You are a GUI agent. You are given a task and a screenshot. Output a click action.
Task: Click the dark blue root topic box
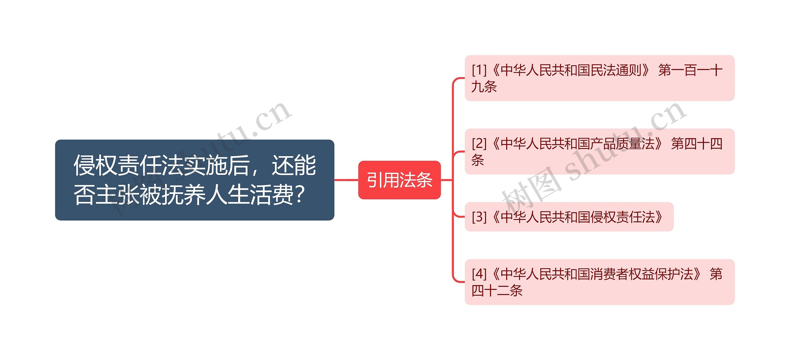pos(194,180)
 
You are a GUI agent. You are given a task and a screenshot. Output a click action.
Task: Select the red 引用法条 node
pos(399,180)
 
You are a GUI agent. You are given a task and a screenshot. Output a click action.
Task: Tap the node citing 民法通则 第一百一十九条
pos(599,78)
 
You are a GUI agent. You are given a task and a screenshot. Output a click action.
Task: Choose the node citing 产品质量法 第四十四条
pos(599,151)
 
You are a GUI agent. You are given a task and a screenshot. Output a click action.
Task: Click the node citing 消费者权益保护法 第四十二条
pos(599,282)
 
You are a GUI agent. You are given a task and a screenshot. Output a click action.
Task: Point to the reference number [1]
pos(479,70)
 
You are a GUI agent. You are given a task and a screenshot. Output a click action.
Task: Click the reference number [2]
pos(479,144)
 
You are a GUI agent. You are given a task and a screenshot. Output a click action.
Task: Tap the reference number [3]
pos(479,217)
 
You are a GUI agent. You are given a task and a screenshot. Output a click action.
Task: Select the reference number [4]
pos(479,274)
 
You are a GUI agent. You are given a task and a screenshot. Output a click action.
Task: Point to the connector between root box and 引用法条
pos(346,180)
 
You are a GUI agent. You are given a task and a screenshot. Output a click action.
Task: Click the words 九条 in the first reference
pos(484,87)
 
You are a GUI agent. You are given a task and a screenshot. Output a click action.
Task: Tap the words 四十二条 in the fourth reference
pos(497,291)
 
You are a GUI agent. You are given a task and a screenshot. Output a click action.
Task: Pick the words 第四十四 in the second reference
pos(696,144)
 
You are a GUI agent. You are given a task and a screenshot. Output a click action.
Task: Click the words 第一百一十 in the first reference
pos(690,70)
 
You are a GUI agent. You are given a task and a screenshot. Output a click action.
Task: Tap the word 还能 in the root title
pos(294,166)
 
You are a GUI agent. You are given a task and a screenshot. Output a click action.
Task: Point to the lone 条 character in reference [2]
pos(478,160)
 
